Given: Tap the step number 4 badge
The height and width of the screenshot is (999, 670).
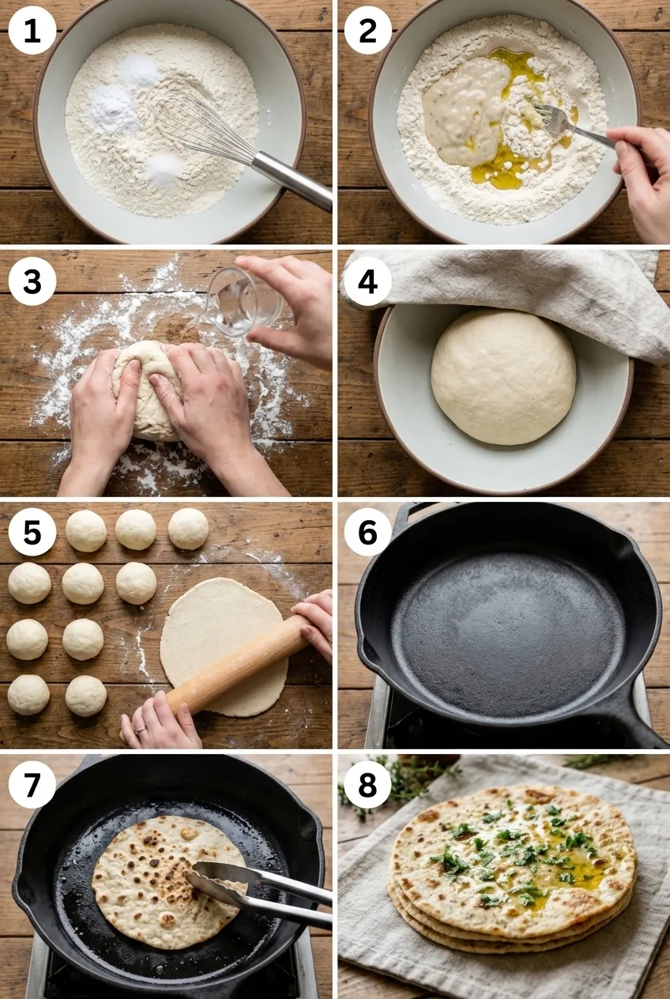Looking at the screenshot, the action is tap(367, 281).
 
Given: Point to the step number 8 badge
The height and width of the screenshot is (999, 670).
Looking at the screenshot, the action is tap(367, 783).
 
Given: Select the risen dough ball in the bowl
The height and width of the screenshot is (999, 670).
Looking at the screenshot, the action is tap(503, 377).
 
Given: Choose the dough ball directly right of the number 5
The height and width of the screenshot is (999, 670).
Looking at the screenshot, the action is tap(85, 531).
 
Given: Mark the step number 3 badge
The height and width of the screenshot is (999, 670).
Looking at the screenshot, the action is tap(32, 281).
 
